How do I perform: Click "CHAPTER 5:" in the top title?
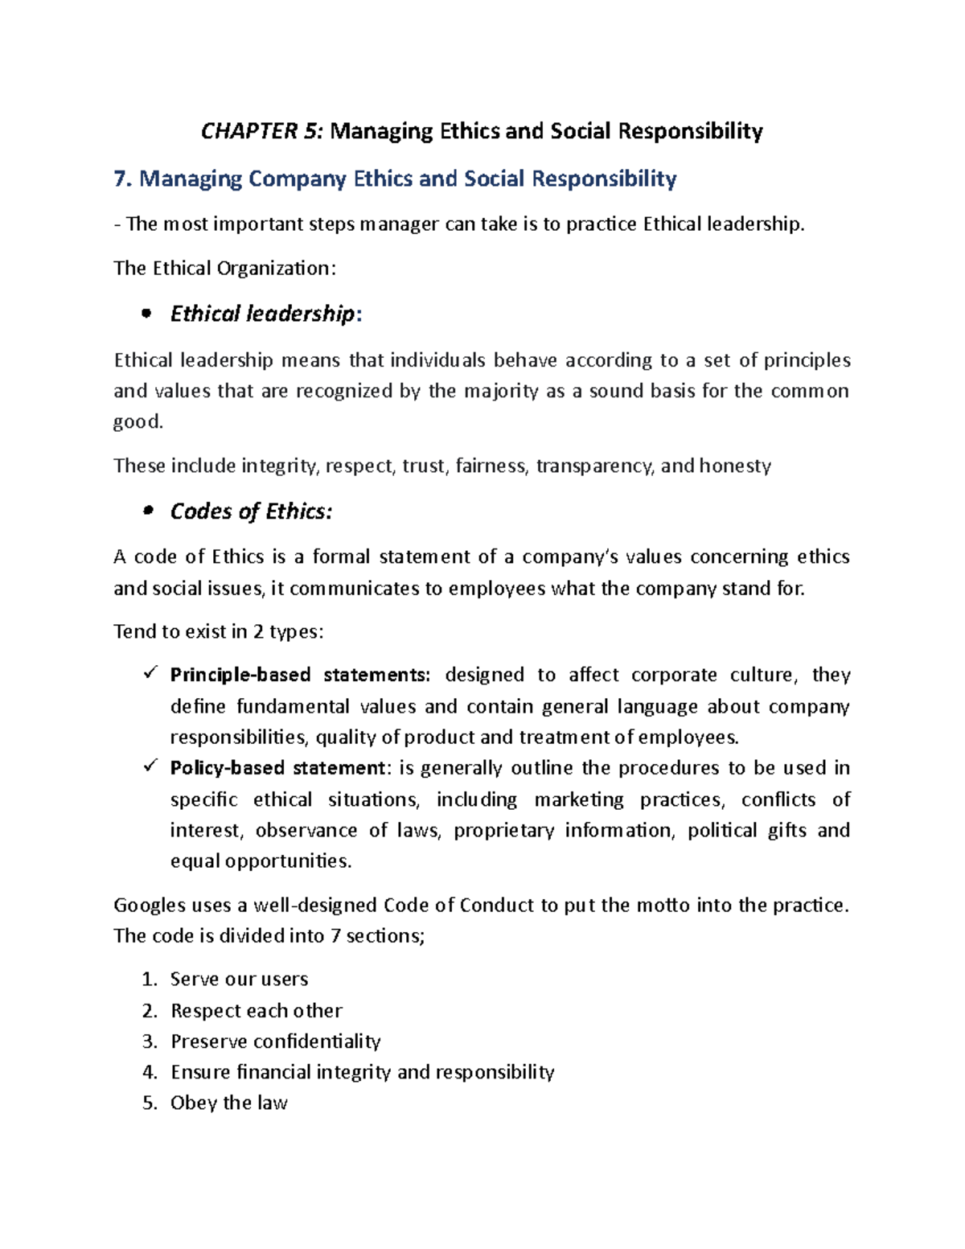pyautogui.click(x=262, y=131)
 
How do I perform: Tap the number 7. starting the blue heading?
pyautogui.click(x=122, y=179)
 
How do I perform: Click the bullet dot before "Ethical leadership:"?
pyautogui.click(x=146, y=314)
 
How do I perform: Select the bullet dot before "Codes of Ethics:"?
pyautogui.click(x=146, y=512)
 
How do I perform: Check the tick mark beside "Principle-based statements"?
pyautogui.click(x=150, y=673)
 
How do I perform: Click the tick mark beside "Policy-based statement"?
pyautogui.click(x=150, y=766)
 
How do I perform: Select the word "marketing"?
pyautogui.click(x=579, y=800)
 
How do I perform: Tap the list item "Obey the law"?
pyautogui.click(x=228, y=1103)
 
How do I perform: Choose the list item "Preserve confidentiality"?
pyautogui.click(x=275, y=1042)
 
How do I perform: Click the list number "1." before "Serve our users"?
pyautogui.click(x=150, y=980)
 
